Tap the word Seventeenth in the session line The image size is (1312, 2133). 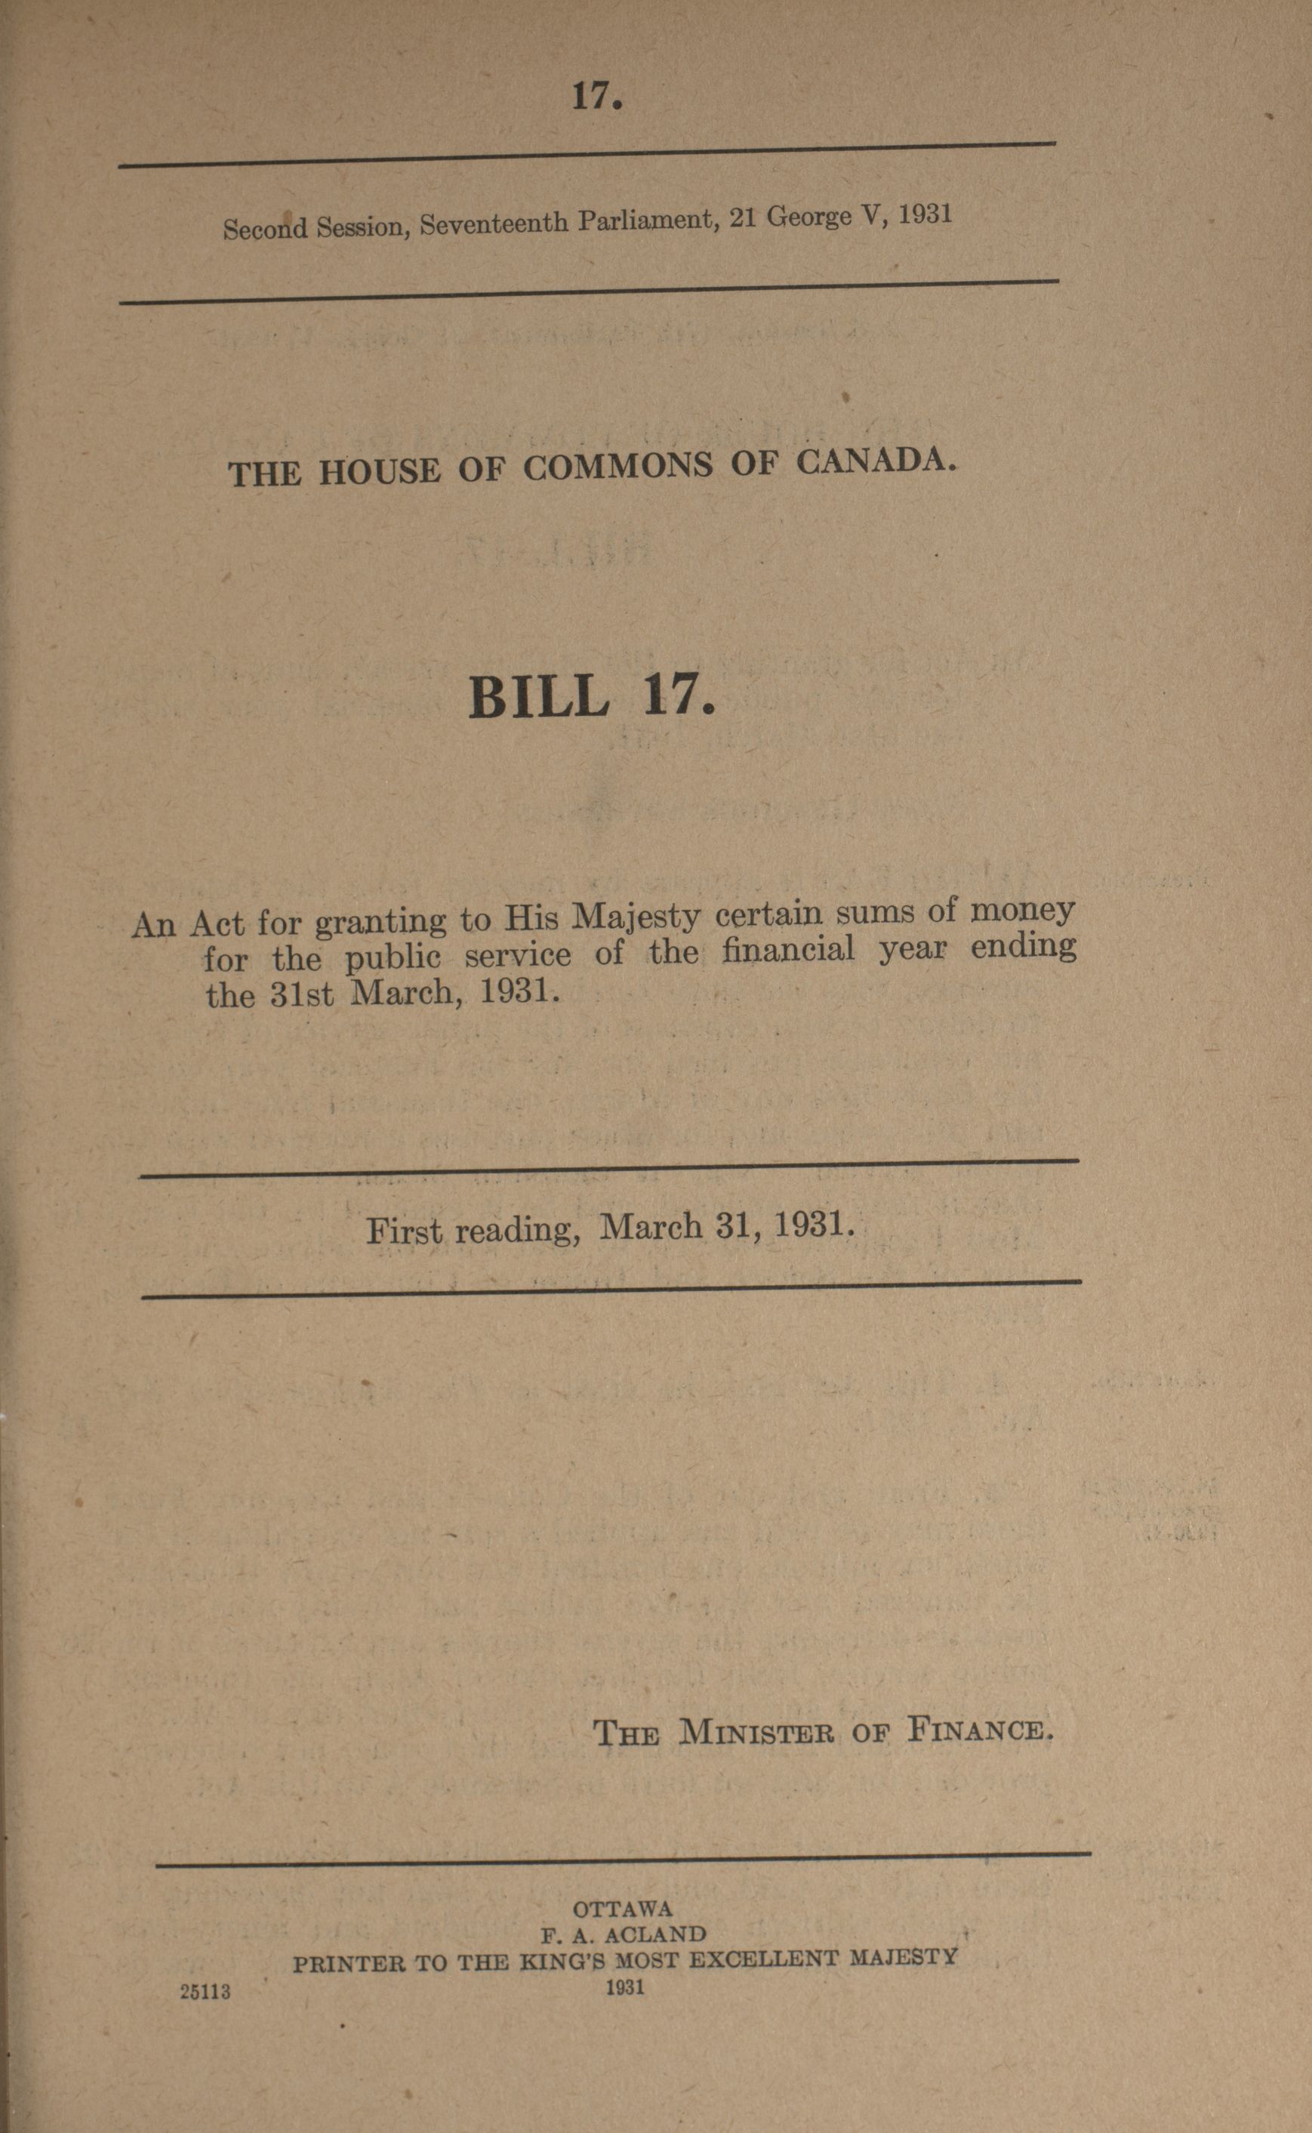tap(495, 223)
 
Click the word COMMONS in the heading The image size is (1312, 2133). tap(617, 467)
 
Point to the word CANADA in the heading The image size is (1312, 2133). tap(876, 461)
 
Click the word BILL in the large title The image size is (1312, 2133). tap(538, 697)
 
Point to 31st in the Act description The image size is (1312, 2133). tap(301, 994)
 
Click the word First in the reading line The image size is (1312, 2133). tap(404, 1231)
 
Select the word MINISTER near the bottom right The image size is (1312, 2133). tap(756, 1732)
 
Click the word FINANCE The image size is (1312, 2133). tap(980, 1730)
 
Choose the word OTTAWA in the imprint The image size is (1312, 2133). tap(622, 1909)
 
